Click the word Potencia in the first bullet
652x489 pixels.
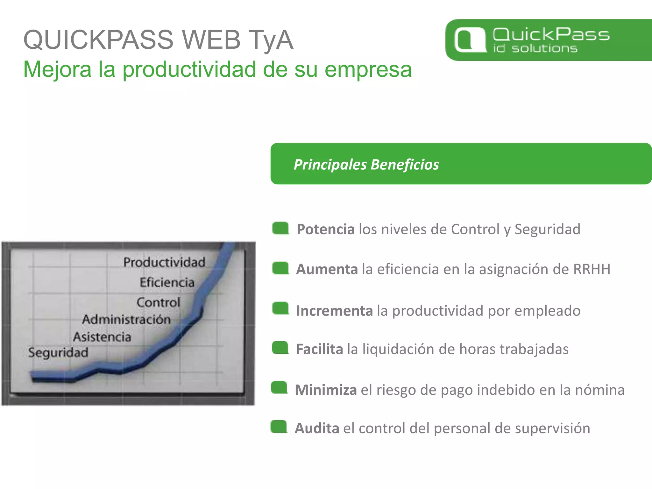[x=325, y=229]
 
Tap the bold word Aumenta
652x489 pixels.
[x=327, y=269]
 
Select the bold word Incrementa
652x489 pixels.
[x=334, y=311]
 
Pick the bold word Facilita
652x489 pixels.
[x=319, y=349]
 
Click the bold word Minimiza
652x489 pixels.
[x=325, y=390]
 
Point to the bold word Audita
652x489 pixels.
[x=316, y=429]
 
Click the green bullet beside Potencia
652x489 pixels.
[x=280, y=228]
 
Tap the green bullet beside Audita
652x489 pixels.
[x=279, y=427]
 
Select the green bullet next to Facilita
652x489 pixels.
[x=280, y=348]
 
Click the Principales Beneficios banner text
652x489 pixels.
[x=366, y=165]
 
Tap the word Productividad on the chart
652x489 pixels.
[x=164, y=262]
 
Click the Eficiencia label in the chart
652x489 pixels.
[x=167, y=282]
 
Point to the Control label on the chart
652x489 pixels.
[x=158, y=302]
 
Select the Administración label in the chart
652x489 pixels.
[x=126, y=319]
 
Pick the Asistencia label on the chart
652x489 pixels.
[x=102, y=337]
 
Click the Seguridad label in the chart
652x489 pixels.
[x=58, y=352]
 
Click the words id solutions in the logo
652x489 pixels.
[x=535, y=48]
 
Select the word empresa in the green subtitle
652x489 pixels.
[x=368, y=69]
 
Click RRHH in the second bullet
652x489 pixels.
[x=592, y=269]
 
